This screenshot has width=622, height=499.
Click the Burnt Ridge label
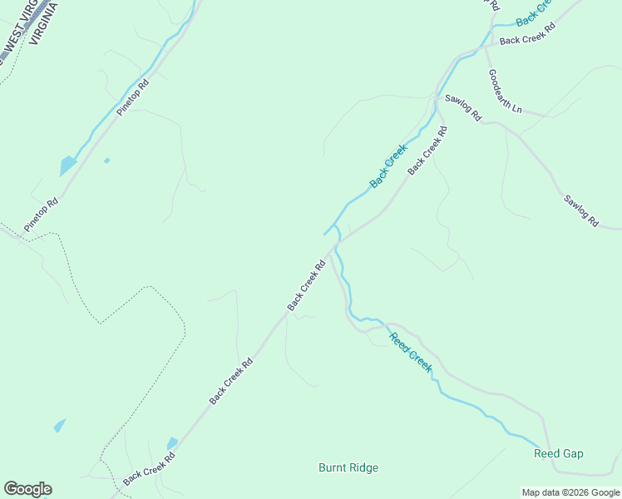click(x=348, y=467)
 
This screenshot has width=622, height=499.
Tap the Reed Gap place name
click(x=558, y=453)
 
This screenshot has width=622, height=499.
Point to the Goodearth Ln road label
click(x=505, y=91)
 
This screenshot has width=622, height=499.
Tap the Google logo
click(x=27, y=489)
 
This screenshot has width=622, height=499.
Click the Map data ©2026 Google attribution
click(x=571, y=492)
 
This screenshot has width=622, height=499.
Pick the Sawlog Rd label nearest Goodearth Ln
click(x=462, y=109)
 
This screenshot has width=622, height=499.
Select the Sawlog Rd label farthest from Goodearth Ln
click(x=580, y=211)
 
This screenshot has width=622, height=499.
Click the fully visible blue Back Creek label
click(x=388, y=166)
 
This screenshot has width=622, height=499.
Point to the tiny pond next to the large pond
click(x=106, y=160)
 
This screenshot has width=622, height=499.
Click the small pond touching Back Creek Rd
click(x=172, y=443)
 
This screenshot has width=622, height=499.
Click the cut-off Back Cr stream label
click(x=533, y=12)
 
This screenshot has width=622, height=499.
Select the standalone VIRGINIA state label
click(x=43, y=21)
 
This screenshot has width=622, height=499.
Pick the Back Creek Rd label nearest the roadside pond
click(x=149, y=469)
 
